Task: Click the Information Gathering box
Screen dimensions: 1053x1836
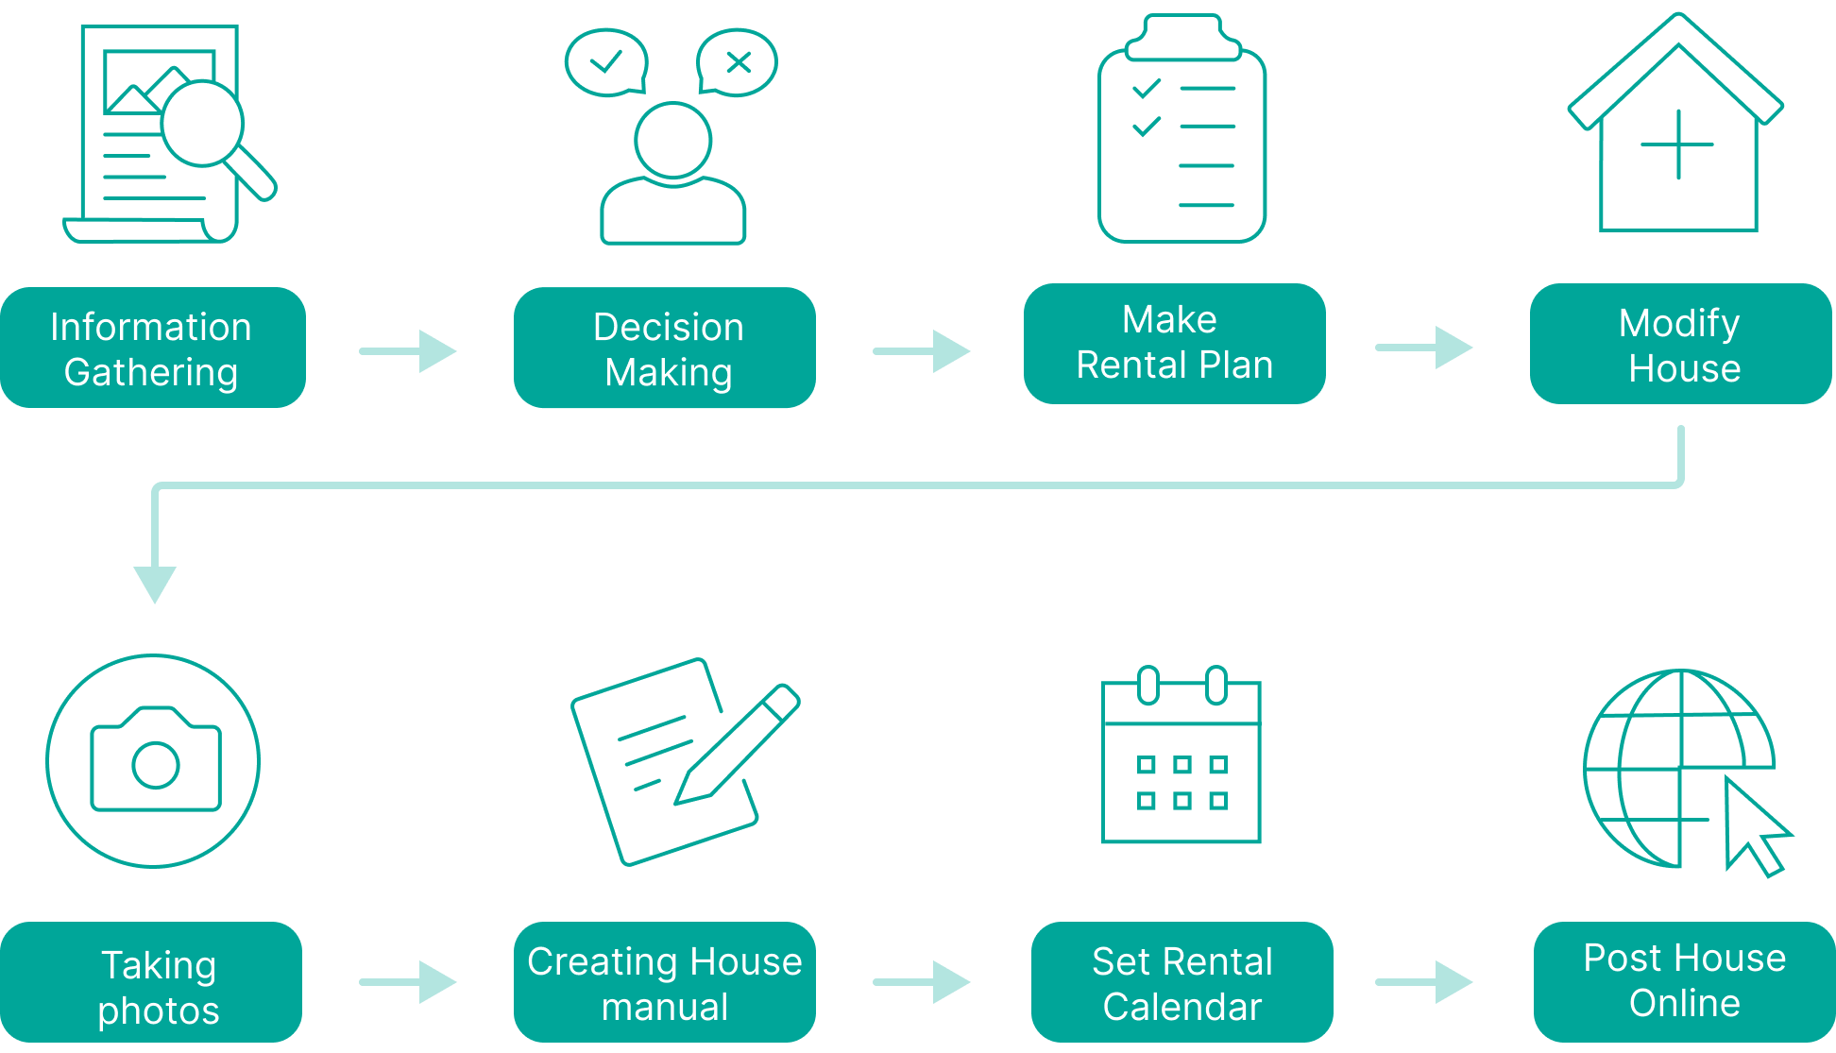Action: tap(153, 348)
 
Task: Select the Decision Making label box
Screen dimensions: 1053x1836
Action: tap(665, 348)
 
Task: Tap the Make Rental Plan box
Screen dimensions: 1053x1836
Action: tap(1175, 344)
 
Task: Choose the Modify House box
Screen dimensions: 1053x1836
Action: tap(1681, 344)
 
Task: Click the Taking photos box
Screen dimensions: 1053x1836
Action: tap(151, 982)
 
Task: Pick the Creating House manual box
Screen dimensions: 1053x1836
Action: tap(665, 982)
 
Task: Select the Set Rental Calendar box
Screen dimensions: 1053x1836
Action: tap(1182, 982)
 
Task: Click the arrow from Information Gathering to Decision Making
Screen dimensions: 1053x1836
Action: tap(409, 351)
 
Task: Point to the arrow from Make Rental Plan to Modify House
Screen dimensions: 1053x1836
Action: tap(1424, 348)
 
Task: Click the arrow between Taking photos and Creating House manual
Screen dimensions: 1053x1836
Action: tap(409, 982)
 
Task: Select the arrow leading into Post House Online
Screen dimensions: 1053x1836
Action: tap(1424, 982)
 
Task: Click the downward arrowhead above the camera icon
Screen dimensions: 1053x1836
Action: tap(155, 582)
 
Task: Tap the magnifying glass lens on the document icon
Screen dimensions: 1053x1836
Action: tap(202, 123)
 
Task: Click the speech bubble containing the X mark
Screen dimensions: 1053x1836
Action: tap(737, 62)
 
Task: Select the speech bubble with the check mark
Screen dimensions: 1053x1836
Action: tap(605, 62)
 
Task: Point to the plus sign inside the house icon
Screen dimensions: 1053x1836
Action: tap(1678, 144)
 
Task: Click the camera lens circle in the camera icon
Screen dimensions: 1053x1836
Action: tap(156, 765)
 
